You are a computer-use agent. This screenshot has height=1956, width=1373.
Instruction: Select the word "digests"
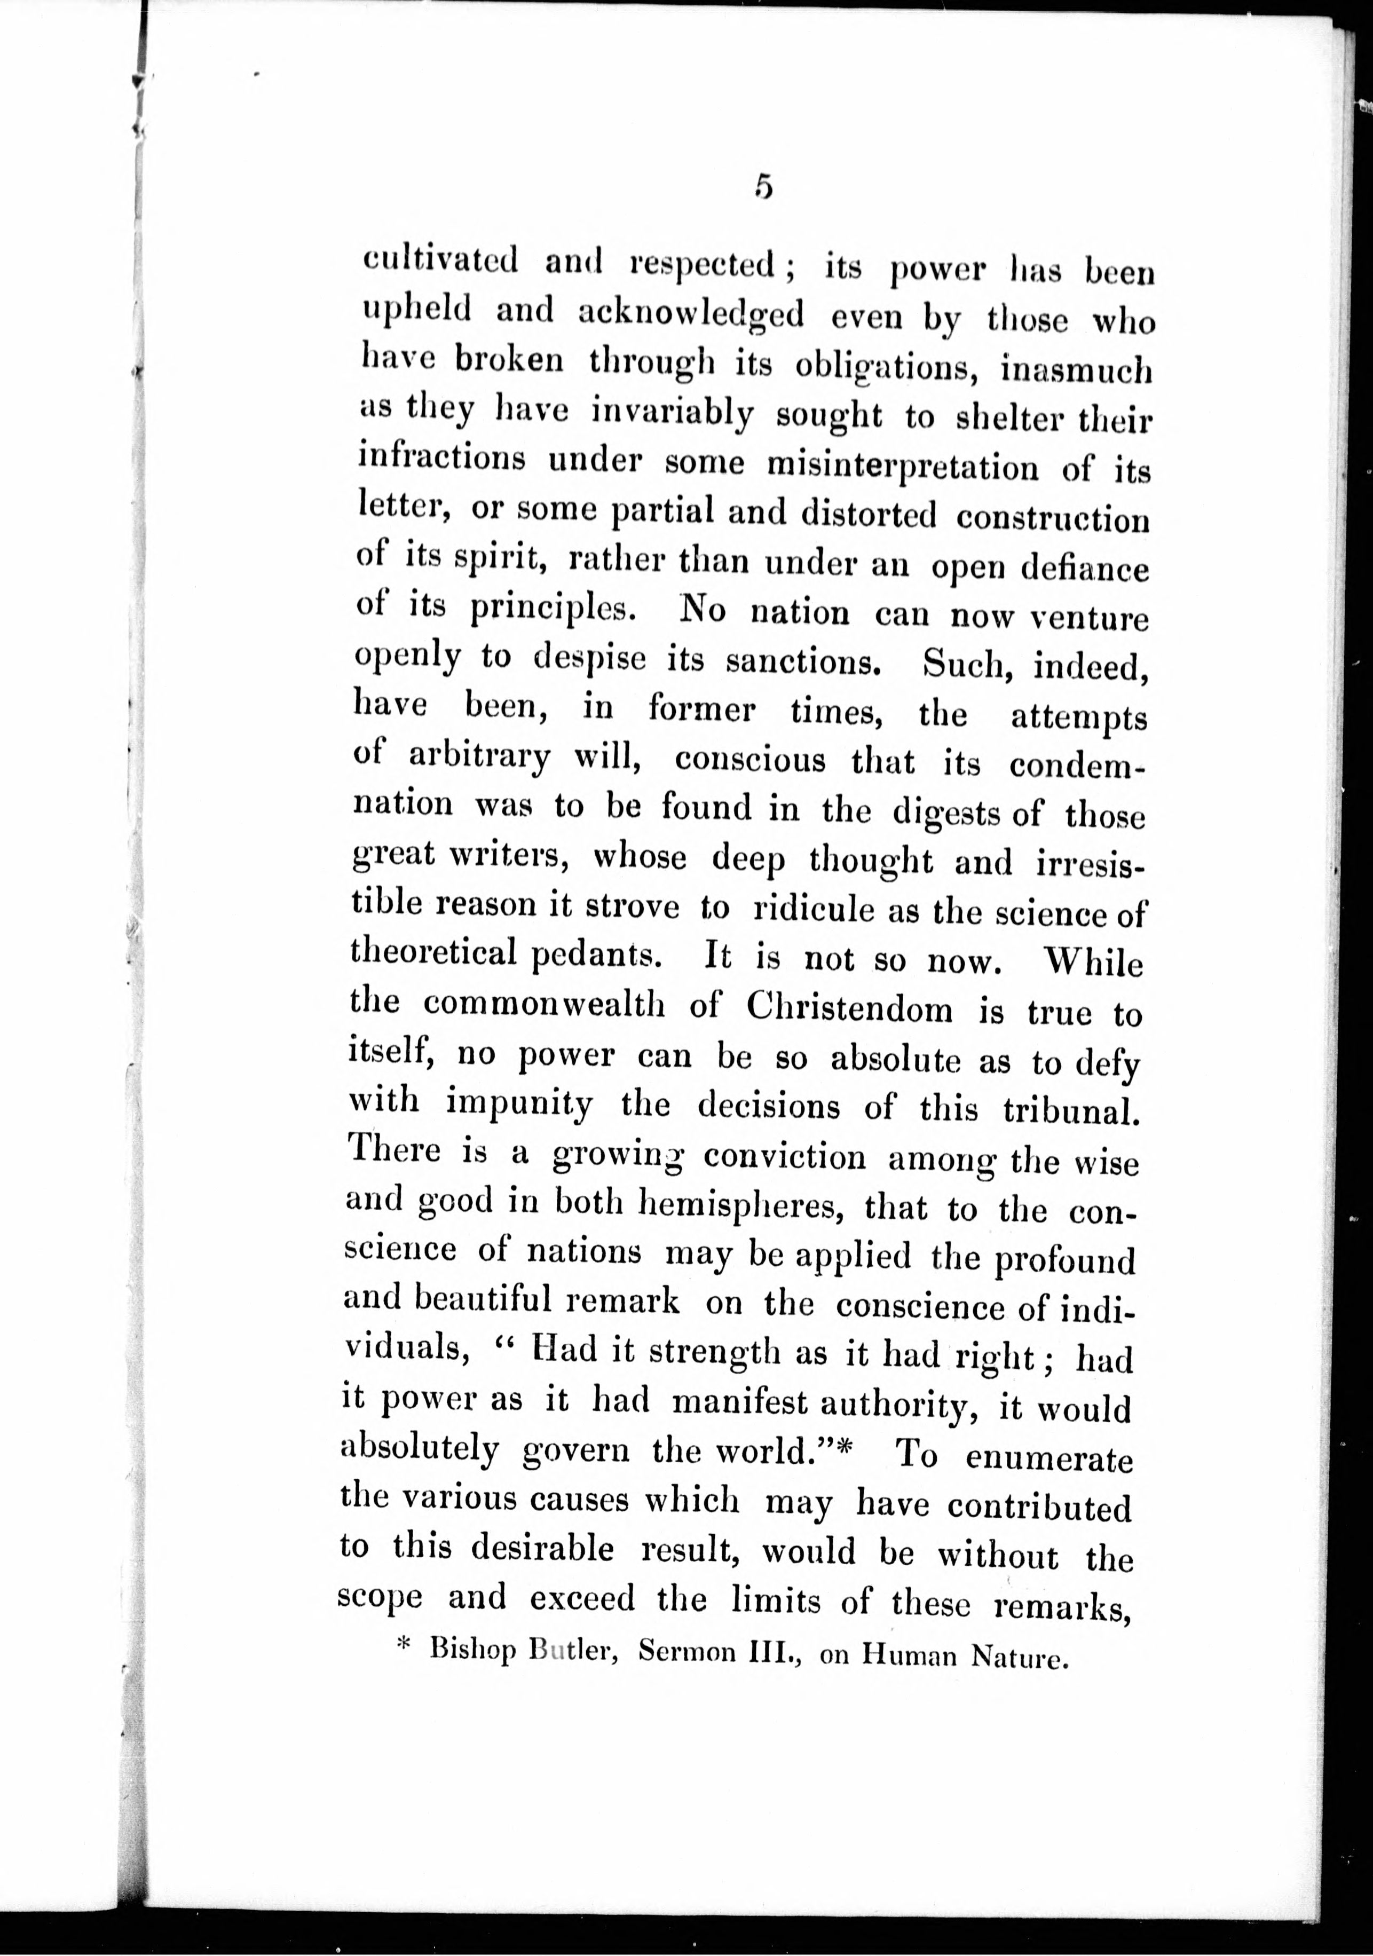click(x=946, y=815)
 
